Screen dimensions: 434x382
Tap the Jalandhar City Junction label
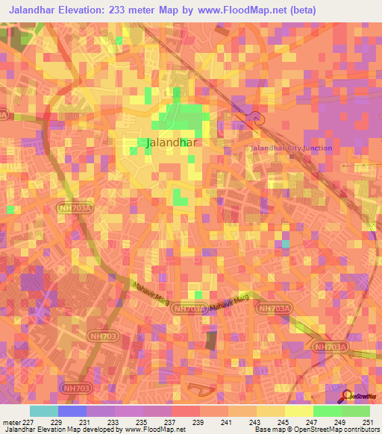[x=291, y=148]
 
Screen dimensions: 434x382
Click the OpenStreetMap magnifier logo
[x=346, y=397]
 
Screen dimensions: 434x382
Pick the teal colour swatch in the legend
[x=44, y=411]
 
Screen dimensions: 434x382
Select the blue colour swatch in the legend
[x=72, y=411]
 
